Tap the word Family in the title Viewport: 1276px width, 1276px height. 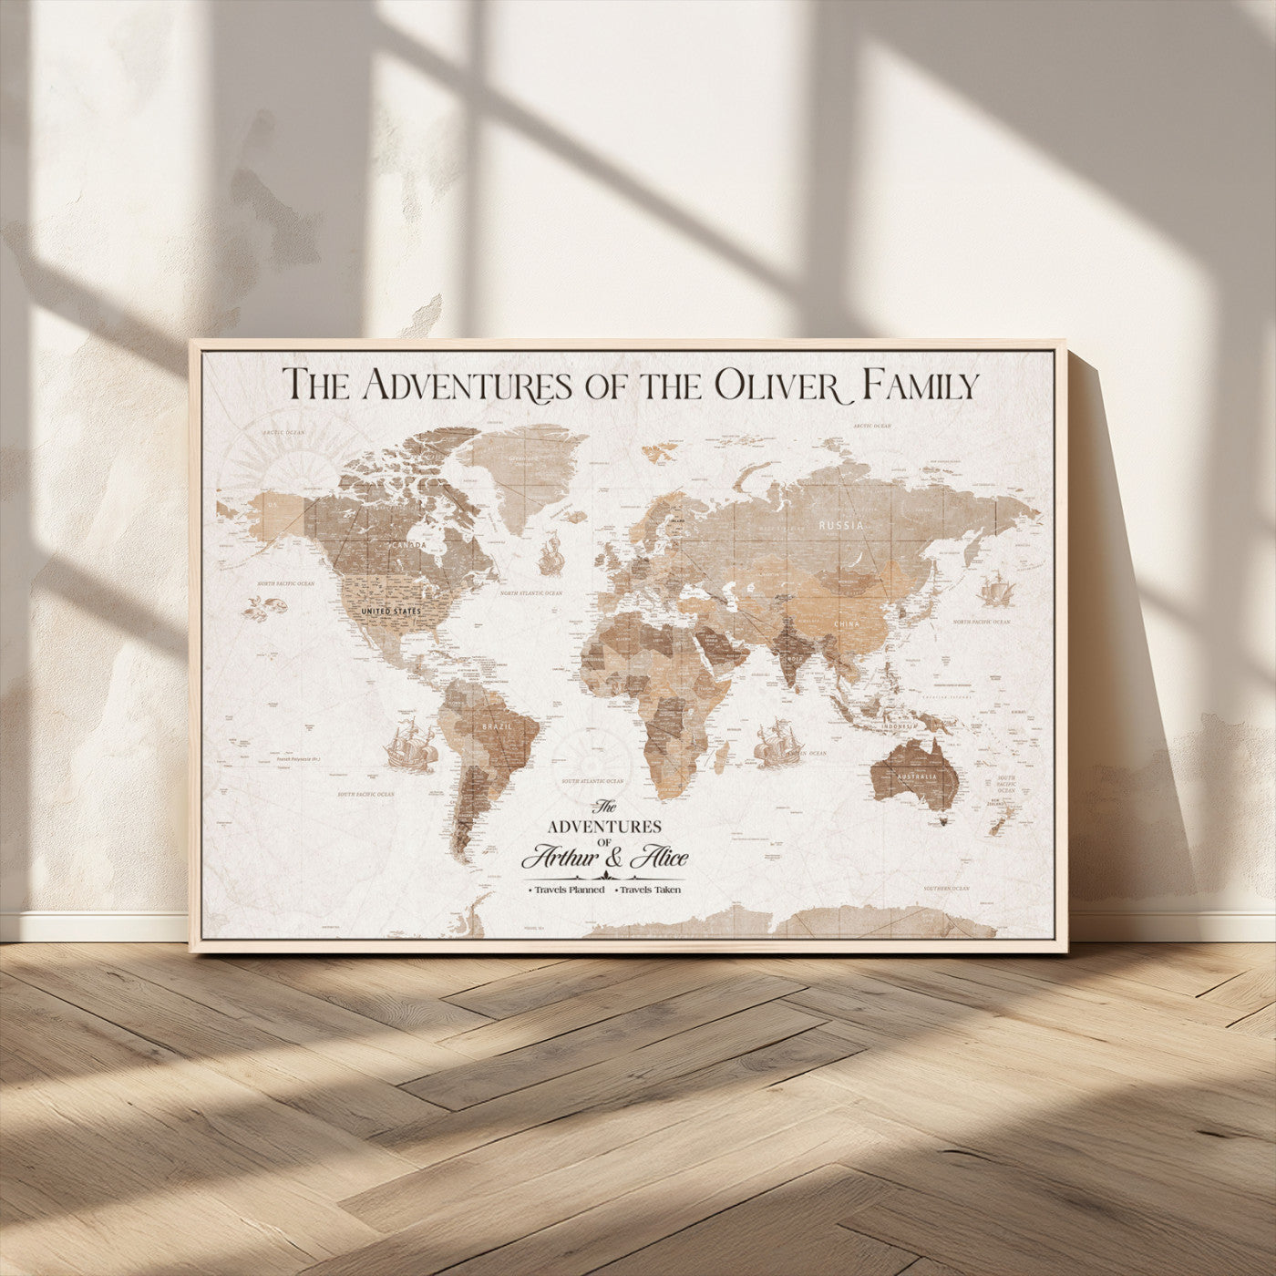pos(921,384)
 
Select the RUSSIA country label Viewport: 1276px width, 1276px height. pos(840,526)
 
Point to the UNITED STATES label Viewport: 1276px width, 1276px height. pos(392,611)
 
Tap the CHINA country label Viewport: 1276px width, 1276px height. pos(847,624)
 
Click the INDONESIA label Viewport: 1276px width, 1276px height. pos(900,725)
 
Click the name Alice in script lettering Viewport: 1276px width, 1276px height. pos(657,858)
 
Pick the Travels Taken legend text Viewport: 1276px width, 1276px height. pos(651,890)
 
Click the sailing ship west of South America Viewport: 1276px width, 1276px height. pos(409,745)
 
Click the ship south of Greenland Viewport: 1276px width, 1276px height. pos(550,555)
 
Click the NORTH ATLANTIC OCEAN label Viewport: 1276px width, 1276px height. pos(536,593)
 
